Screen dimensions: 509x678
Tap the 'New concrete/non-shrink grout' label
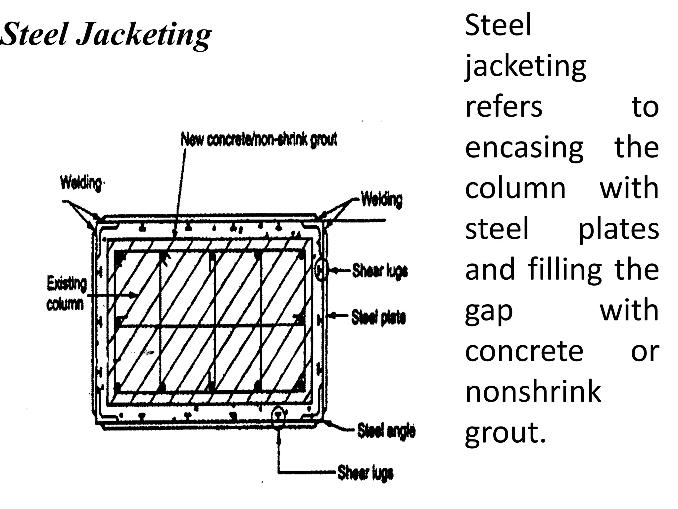259,140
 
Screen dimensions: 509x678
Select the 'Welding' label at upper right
381,200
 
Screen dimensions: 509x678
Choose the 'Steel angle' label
386,431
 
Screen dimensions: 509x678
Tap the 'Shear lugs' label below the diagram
365,473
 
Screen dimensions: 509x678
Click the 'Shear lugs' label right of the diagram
380,271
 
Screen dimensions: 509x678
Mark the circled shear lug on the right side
321,270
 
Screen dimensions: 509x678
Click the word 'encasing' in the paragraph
524,147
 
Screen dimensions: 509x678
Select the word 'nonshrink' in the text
533,392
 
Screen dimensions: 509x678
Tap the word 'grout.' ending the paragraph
505,433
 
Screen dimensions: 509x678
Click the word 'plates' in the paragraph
618,229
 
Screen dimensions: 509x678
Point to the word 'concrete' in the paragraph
524,351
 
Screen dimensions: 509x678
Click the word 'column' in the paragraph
515,188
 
